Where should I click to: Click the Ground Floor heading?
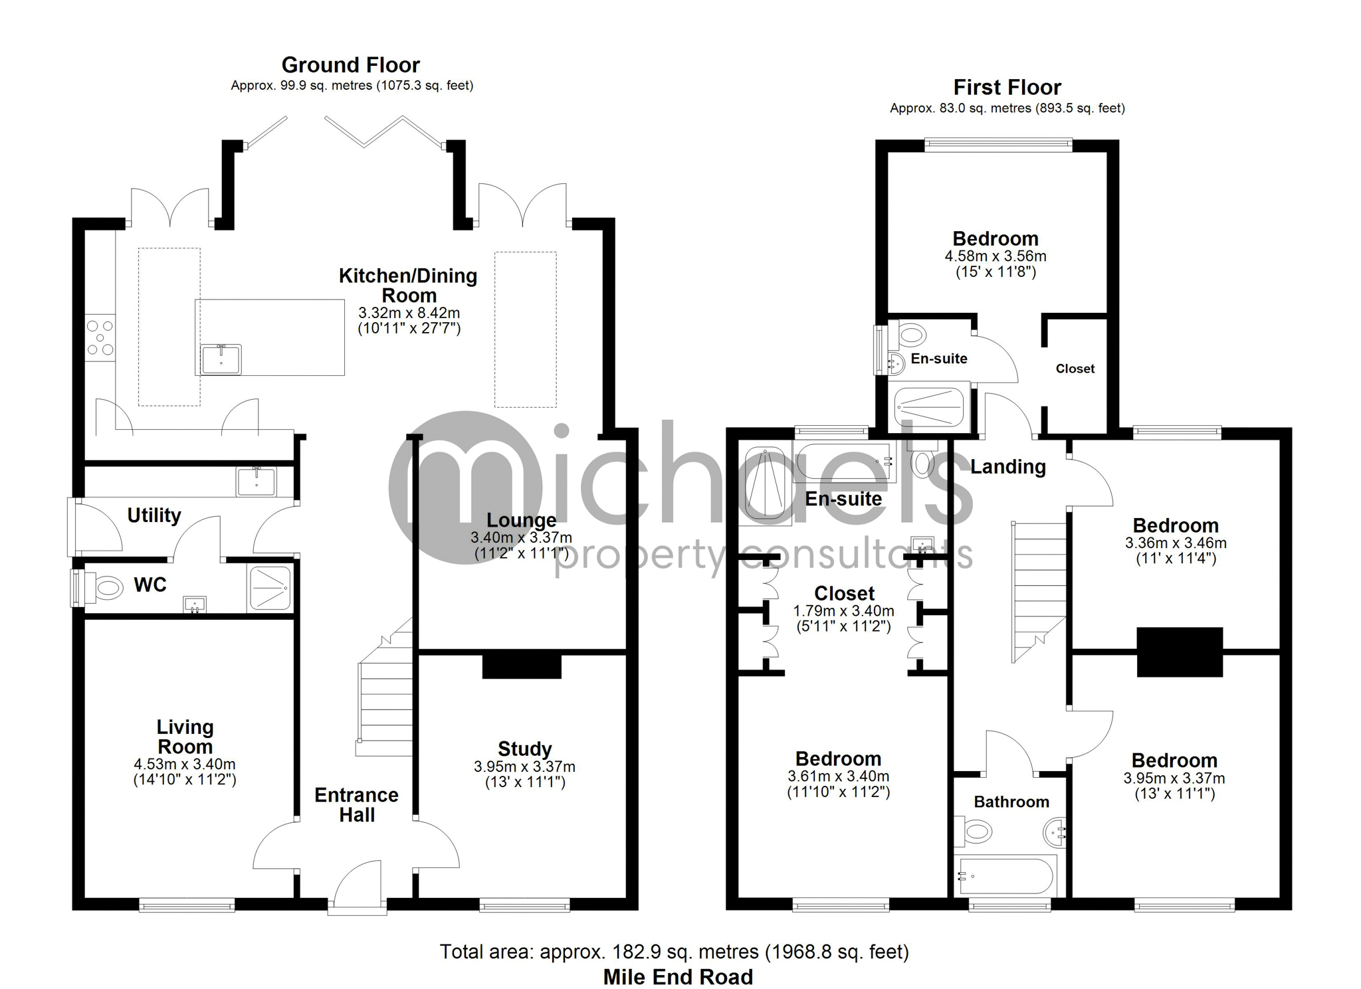(x=350, y=65)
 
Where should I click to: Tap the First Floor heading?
(x=1007, y=87)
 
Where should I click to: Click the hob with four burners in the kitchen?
(x=100, y=338)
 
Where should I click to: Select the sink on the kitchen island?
(x=221, y=359)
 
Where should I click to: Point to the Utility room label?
(x=154, y=515)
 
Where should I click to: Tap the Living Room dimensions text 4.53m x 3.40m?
(x=185, y=764)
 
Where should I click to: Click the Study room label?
(x=525, y=749)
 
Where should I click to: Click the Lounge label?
(x=522, y=520)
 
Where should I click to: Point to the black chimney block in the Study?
(x=522, y=666)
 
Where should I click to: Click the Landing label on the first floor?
(x=1008, y=467)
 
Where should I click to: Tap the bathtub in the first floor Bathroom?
(x=1005, y=875)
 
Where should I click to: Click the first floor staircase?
(x=1039, y=591)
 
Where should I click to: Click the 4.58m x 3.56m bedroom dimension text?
(x=995, y=256)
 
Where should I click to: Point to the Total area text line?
(x=675, y=952)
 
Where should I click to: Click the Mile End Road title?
(x=679, y=977)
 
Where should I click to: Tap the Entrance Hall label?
(x=357, y=805)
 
